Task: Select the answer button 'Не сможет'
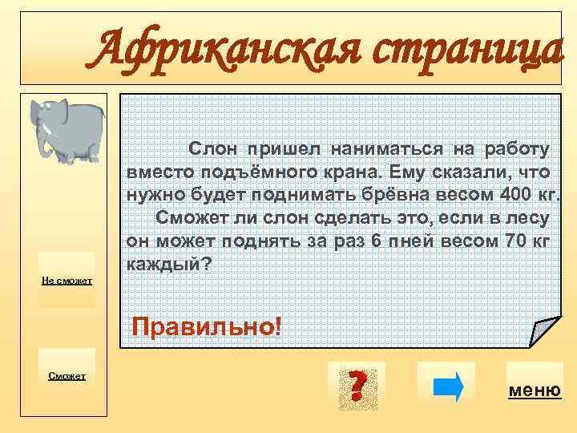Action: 68,280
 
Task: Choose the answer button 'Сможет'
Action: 68,375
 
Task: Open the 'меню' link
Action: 535,391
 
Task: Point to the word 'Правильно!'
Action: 207,326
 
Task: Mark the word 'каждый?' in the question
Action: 169,264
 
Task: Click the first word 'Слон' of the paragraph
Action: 213,148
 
